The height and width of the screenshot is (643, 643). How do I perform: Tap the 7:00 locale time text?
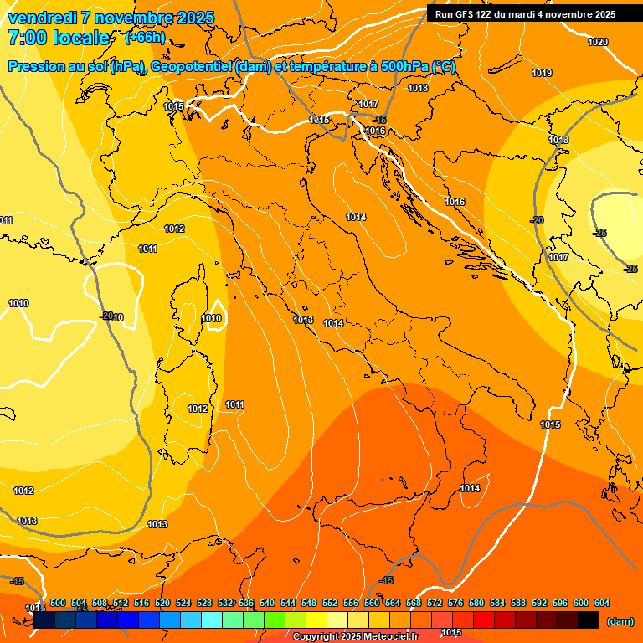click(x=59, y=38)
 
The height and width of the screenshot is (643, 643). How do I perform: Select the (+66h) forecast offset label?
click(x=145, y=38)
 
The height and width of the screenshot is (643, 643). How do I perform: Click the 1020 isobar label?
click(x=598, y=42)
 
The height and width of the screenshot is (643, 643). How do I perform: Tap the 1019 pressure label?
click(x=542, y=74)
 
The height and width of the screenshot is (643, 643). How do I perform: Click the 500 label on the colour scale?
click(x=58, y=603)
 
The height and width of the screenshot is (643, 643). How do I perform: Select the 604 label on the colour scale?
click(x=602, y=603)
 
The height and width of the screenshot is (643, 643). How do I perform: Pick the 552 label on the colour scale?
click(x=330, y=603)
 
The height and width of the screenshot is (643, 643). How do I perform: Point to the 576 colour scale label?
click(x=455, y=603)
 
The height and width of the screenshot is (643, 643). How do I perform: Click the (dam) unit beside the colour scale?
click(x=620, y=620)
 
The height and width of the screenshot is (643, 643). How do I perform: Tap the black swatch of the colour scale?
click(x=589, y=620)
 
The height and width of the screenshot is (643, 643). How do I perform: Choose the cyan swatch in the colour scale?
click(x=212, y=620)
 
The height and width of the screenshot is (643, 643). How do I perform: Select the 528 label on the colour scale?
click(x=204, y=603)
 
